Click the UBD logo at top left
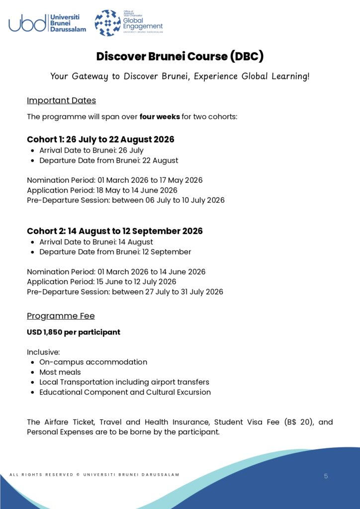(x=47, y=23)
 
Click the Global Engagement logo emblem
(x=107, y=23)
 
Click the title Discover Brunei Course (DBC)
(x=180, y=56)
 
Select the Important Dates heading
(x=61, y=100)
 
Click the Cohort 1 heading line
(x=100, y=139)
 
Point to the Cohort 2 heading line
(x=115, y=231)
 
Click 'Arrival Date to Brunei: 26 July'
(x=91, y=151)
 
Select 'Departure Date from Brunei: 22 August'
(x=108, y=161)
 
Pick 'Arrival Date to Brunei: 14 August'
(x=96, y=242)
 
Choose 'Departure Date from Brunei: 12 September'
(x=115, y=252)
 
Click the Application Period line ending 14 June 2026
(x=102, y=190)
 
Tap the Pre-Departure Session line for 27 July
(x=125, y=292)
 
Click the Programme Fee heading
(x=61, y=316)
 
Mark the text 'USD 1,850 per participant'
(x=74, y=332)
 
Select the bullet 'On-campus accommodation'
(x=93, y=362)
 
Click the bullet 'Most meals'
(x=60, y=372)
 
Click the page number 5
(x=326, y=476)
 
